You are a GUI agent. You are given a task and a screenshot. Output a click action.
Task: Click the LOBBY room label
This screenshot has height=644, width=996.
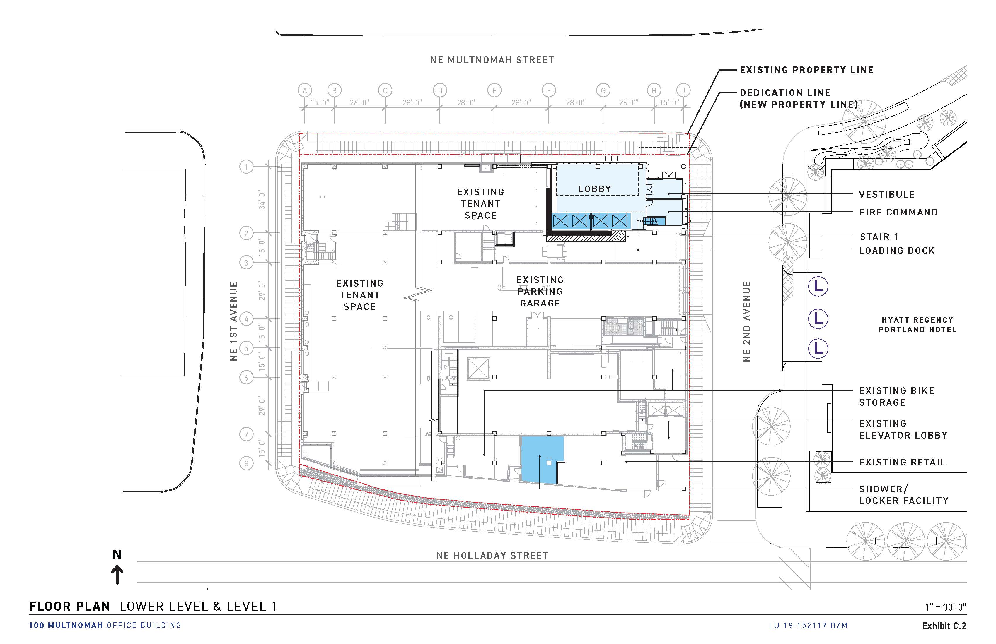click(x=594, y=189)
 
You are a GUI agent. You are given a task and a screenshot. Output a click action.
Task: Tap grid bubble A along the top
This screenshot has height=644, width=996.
click(x=305, y=90)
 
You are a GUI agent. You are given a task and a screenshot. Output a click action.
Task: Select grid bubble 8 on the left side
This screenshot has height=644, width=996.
click(x=246, y=463)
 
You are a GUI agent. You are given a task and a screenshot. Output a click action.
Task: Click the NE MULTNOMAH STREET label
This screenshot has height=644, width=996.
click(x=492, y=60)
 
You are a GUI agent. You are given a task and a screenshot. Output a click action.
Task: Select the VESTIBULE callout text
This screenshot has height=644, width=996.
click(x=886, y=194)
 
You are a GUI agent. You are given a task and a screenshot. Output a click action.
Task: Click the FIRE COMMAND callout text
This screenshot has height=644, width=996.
click(x=898, y=213)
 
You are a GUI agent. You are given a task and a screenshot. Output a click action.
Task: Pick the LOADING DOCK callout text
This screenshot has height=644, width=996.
click(x=897, y=251)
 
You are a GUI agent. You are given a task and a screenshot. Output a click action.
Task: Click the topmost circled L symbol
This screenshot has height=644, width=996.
click(x=818, y=287)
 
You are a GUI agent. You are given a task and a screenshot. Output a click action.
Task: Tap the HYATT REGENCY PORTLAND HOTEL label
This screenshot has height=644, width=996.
click(x=917, y=325)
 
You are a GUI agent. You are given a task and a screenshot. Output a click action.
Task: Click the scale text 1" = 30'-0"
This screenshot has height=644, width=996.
click(x=945, y=607)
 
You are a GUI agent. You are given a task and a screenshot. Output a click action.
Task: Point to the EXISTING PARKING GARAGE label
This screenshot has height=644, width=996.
click(x=540, y=292)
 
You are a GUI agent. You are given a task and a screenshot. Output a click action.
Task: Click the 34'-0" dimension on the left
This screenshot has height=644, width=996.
click(x=262, y=200)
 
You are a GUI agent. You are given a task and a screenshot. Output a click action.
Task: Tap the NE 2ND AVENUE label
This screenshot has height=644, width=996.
click(x=747, y=321)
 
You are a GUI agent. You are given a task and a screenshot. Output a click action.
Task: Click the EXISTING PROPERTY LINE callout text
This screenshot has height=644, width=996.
click(x=806, y=70)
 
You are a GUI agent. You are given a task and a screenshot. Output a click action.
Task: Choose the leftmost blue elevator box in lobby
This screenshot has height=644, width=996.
click(x=560, y=220)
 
